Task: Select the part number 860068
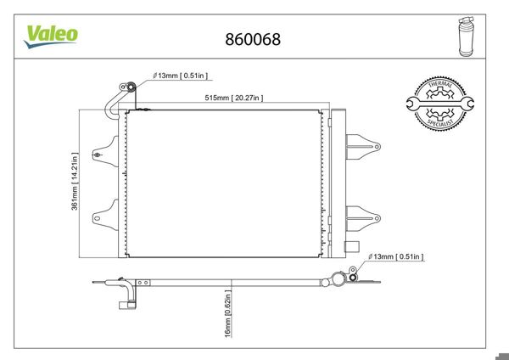[x=252, y=39]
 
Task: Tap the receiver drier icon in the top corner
[x=464, y=37]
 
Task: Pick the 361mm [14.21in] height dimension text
[x=75, y=182]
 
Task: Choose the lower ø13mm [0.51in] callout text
[x=394, y=256]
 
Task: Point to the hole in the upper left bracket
[x=98, y=155]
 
